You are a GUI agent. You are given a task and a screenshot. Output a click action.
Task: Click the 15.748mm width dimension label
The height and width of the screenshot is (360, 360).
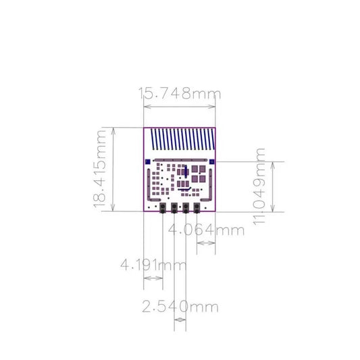(x=180, y=93)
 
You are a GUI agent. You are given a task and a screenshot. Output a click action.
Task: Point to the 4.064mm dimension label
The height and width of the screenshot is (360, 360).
(x=206, y=230)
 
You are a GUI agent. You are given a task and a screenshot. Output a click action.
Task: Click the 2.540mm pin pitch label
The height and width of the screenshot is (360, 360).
(x=180, y=307)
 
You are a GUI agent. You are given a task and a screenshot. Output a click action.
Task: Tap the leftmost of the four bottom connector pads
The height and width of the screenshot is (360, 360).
(x=163, y=207)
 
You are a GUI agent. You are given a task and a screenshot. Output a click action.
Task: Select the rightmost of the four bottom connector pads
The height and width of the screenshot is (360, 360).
(x=197, y=207)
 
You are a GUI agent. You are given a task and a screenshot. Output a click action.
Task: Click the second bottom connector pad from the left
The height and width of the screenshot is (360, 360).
(x=174, y=207)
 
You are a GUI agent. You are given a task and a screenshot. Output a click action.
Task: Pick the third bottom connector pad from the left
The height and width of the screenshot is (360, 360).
(x=186, y=207)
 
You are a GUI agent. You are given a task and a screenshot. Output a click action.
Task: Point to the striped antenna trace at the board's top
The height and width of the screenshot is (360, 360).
(x=180, y=140)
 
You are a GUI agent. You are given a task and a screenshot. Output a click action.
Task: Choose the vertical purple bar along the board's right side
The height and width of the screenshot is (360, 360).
(x=212, y=182)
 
